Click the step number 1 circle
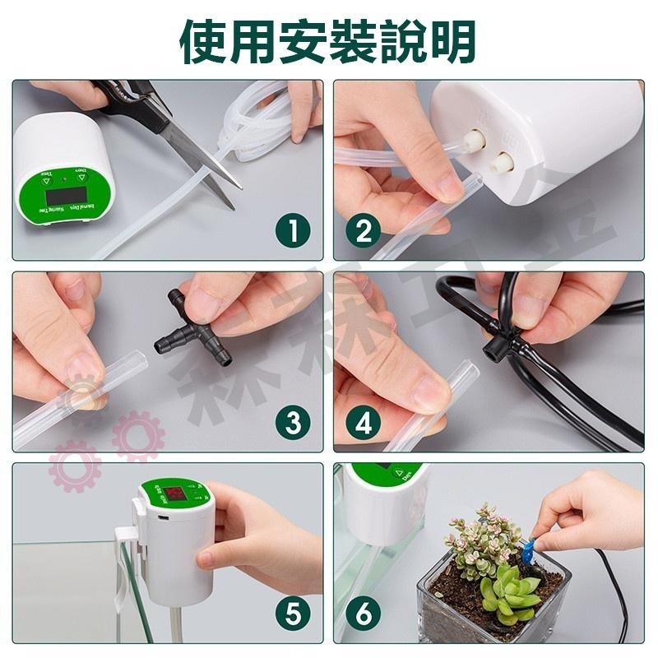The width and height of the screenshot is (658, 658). [291, 232]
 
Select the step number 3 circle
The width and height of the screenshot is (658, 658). [291, 424]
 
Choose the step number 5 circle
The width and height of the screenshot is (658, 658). [291, 614]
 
